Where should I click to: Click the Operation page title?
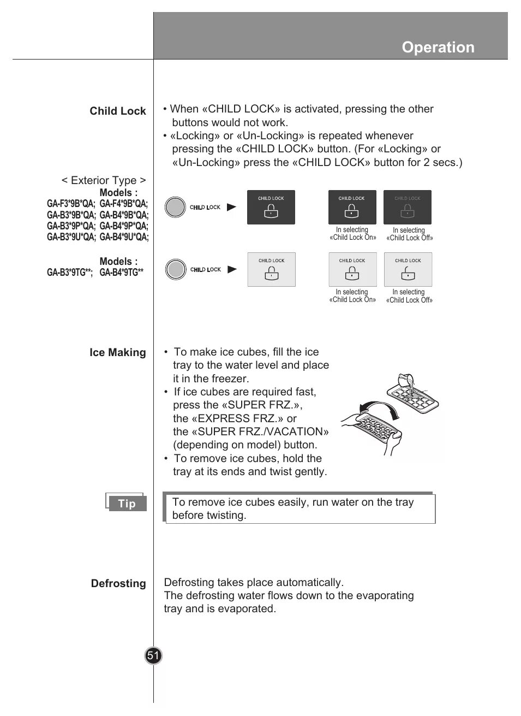coord(438,48)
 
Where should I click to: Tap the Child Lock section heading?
coord(118,111)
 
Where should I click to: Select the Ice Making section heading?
coord(118,353)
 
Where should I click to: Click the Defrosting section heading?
coord(118,584)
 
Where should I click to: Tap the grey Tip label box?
coord(127,504)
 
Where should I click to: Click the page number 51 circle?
coord(153,655)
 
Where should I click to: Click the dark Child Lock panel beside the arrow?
coord(271,207)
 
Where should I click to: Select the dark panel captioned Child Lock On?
coord(352,207)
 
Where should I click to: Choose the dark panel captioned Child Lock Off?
coord(407,207)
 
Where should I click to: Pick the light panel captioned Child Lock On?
coord(352,269)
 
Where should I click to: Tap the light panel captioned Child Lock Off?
coord(408,269)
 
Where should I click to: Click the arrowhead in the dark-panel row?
coord(232,207)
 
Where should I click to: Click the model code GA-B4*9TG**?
coord(121,273)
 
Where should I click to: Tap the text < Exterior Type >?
coord(104,180)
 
